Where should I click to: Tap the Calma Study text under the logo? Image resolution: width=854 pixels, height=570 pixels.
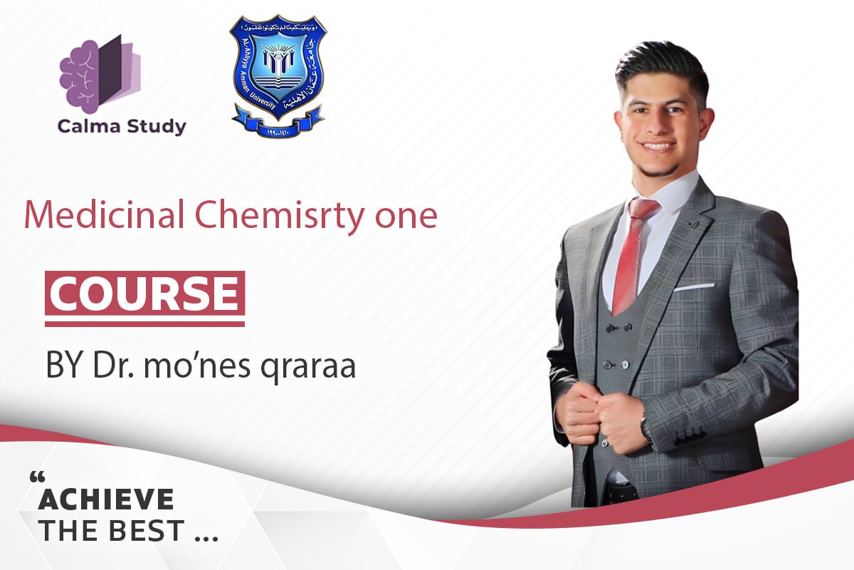(122, 128)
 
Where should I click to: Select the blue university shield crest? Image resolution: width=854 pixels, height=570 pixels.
(278, 75)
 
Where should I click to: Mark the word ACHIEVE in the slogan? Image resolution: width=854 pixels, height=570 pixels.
(106, 499)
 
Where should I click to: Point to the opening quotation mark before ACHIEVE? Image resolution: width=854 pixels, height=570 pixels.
(37, 475)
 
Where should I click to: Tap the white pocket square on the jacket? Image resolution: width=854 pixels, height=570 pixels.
(693, 287)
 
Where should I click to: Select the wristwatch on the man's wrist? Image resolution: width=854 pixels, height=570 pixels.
(645, 427)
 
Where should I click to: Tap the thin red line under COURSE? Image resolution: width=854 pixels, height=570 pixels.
(144, 323)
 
